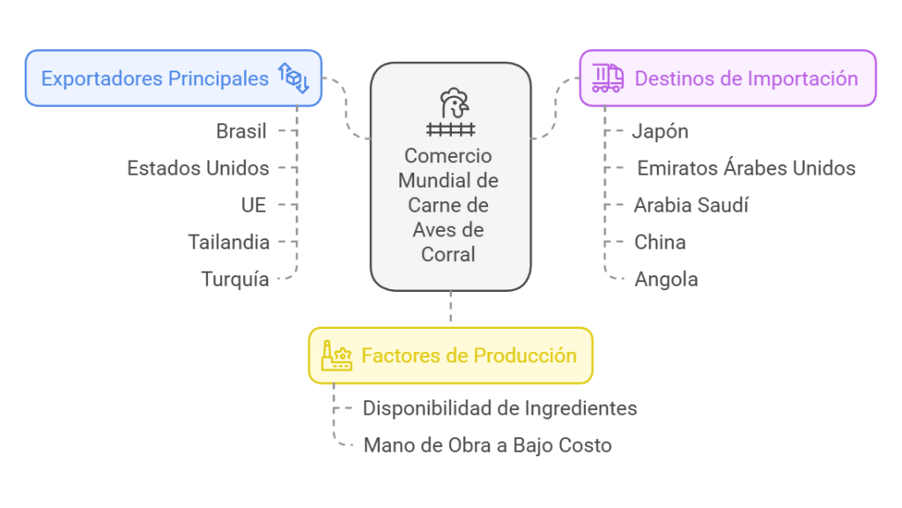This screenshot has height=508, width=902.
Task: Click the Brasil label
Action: coord(241,131)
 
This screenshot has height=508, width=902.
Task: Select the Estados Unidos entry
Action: coord(198,168)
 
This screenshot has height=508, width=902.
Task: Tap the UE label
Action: coord(254,205)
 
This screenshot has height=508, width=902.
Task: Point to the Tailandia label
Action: coord(229,242)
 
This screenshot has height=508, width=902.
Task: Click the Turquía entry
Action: coord(235,280)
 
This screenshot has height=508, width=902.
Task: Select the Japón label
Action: coord(661,131)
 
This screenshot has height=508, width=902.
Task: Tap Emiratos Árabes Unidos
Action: coord(746,168)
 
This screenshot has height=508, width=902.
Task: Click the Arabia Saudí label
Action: coord(691,205)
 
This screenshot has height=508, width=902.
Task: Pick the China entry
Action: coord(660,242)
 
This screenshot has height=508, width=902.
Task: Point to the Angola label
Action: coord(666,280)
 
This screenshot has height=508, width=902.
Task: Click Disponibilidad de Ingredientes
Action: coord(499,408)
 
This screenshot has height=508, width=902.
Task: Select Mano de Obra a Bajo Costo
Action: coord(487,445)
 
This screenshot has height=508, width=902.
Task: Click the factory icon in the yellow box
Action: coord(336,355)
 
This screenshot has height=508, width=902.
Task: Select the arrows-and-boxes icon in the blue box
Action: coord(293,78)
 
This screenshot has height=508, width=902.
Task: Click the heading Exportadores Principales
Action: coord(155,78)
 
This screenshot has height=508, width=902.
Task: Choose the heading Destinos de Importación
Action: coord(746,78)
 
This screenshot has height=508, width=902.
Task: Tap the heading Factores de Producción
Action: coord(469,355)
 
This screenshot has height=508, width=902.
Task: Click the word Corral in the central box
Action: coord(450,254)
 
